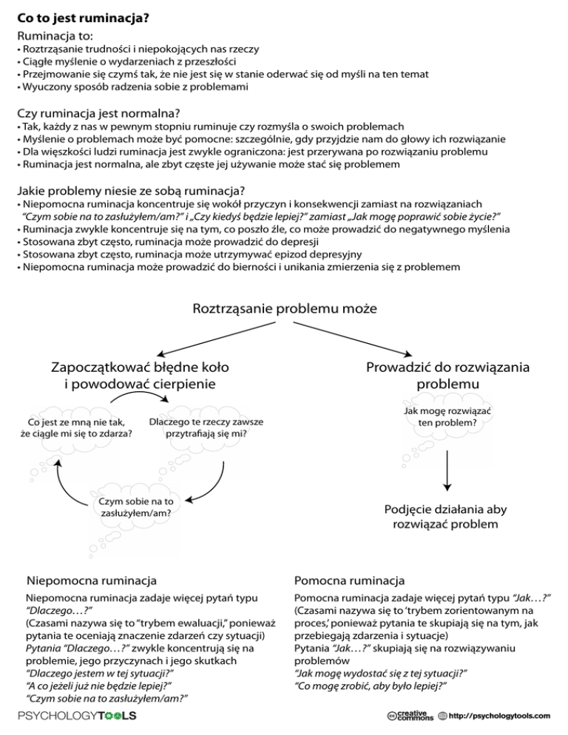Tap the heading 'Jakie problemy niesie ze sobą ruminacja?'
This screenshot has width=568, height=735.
coord(131,189)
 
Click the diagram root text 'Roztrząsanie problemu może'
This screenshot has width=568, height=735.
coord(285,307)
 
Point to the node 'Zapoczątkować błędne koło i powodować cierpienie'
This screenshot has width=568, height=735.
coord(140,375)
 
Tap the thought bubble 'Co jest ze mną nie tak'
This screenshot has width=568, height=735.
coord(77,427)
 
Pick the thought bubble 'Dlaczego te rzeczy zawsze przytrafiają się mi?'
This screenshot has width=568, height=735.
coord(206,427)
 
